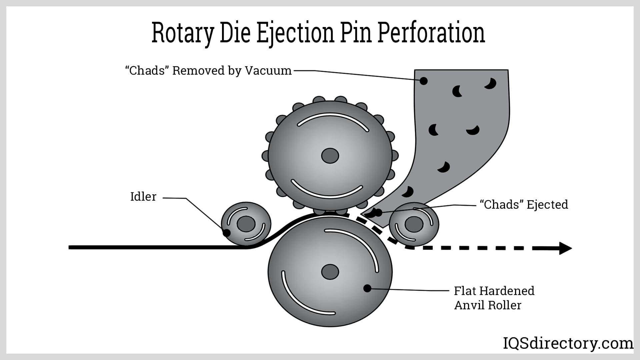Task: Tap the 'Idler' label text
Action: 143,197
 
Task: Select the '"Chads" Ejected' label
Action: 524,204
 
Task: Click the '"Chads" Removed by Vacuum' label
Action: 208,71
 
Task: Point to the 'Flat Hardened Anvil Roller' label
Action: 494,298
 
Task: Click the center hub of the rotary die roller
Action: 330,156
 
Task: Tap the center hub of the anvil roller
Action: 330,272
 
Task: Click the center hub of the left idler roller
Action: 246,224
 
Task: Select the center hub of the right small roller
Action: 414,224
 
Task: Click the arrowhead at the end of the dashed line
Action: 565,248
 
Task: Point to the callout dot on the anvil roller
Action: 367,288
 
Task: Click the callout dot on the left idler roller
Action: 226,232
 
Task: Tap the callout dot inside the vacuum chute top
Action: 424,81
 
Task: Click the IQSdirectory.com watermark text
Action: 568,343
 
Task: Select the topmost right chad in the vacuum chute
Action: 491,83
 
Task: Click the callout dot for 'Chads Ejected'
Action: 378,212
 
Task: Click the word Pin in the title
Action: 356,33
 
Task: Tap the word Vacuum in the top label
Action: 268,71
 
